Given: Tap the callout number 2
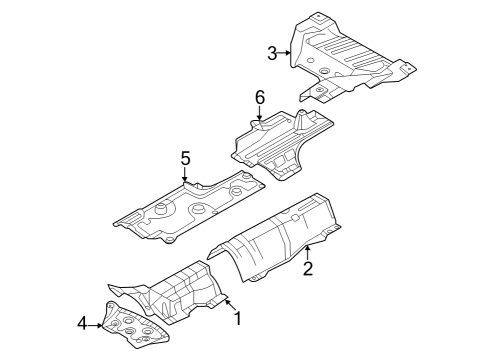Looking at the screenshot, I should coord(308,267).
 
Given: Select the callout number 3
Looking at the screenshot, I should coord(272,53).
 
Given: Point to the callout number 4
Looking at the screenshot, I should coord(81,322).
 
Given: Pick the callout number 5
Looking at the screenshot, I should coord(185,158).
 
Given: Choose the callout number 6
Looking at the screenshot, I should coord(259,97).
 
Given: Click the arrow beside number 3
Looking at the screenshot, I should coord(285,53).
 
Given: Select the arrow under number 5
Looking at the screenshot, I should coord(185,176).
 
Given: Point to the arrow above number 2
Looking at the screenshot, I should coord(308,250).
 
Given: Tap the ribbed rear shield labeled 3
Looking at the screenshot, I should coord(350,55).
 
